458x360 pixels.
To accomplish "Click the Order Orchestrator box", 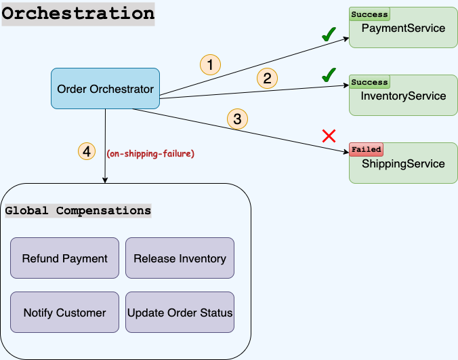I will click(105, 89).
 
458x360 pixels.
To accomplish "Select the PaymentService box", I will click(403, 28).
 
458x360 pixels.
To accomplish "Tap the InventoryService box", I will click(403, 96).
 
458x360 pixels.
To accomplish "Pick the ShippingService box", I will click(403, 163).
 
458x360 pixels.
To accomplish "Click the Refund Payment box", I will click(64, 258).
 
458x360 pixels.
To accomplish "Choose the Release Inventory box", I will click(180, 258).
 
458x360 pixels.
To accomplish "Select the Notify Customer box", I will click(64, 313).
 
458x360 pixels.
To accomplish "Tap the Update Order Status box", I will click(180, 313).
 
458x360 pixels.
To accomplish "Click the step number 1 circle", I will click(211, 64).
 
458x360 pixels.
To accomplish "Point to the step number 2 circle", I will click(267, 79).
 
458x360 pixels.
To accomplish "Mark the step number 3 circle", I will click(236, 120).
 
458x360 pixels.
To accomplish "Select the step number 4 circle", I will click(87, 151).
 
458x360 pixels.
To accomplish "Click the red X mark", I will click(329, 136).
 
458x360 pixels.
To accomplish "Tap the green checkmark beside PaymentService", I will click(329, 35).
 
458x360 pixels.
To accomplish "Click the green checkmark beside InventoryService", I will click(329, 74).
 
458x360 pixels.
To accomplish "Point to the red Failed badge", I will click(366, 149).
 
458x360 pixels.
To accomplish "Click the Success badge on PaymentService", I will click(369, 14).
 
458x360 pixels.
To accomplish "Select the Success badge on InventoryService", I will click(369, 82).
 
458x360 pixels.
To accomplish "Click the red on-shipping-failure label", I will click(150, 154).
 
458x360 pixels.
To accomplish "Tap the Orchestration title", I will click(78, 14).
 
